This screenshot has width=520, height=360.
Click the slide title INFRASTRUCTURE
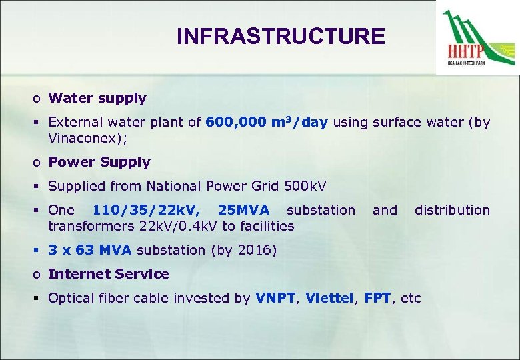pos(281,36)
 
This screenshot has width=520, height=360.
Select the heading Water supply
pos(97,98)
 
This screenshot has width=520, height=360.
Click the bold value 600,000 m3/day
pos(267,122)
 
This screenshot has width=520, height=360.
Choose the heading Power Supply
pos(99,162)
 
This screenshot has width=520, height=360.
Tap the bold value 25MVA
pos(243,210)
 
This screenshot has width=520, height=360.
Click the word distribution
pos(452,210)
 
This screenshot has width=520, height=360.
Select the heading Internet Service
pos(109,274)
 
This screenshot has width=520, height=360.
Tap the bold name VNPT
pos(275,298)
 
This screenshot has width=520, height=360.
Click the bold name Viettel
pos(329,298)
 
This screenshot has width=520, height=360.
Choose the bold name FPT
pos(377,298)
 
